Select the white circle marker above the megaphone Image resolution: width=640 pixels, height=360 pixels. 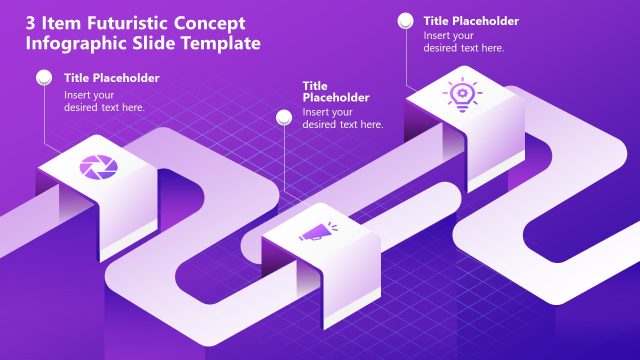[x=282, y=86]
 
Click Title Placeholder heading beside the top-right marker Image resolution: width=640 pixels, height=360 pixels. [x=471, y=20]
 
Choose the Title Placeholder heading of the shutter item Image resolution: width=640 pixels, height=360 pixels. [x=111, y=78]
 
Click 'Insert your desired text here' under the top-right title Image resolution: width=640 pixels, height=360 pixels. [x=464, y=41]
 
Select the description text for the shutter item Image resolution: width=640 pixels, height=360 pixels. [x=104, y=101]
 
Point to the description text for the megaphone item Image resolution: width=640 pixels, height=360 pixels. [x=343, y=118]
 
